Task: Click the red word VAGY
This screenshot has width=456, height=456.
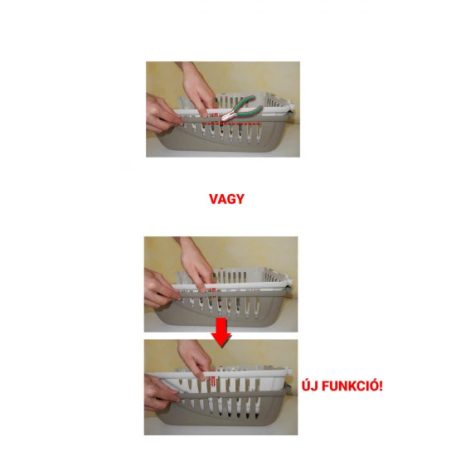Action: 227,199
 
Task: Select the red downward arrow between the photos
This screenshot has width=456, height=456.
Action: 221,332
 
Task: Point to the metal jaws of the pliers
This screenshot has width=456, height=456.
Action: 227,116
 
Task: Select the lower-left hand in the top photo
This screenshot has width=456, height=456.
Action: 163,113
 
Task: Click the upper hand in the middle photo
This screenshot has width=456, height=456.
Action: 195,263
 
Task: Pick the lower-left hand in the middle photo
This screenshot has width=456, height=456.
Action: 161,288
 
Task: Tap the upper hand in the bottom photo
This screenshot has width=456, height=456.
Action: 194,359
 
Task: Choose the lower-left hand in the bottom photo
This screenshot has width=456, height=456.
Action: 162,393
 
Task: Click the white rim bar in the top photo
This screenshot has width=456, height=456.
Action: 233,111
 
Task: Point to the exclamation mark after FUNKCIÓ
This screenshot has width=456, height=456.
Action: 381,386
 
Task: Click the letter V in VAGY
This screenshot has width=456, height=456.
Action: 214,199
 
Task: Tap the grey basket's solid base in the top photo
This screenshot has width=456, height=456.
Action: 220,142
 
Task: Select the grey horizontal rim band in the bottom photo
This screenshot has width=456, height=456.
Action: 233,396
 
